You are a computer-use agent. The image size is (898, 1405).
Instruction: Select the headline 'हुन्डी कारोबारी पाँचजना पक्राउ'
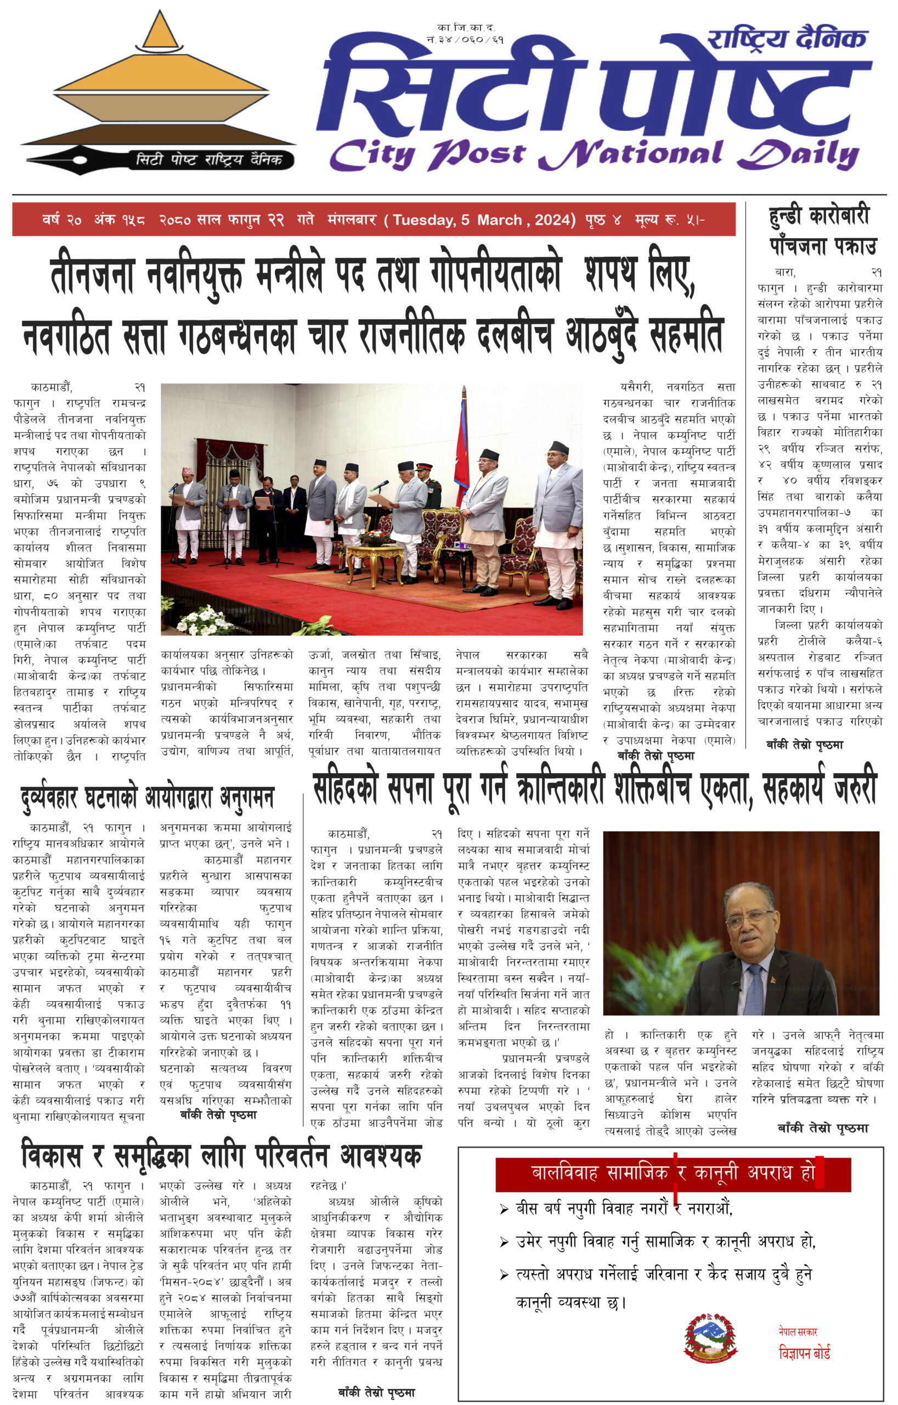822,231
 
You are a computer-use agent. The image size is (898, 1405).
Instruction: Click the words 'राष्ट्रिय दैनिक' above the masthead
787,39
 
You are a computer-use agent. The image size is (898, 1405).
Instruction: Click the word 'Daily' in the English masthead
798,155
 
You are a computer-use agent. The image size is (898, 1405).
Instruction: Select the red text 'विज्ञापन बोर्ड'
804,1352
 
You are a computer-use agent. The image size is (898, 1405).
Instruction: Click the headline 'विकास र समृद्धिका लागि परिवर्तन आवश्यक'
222,1156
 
